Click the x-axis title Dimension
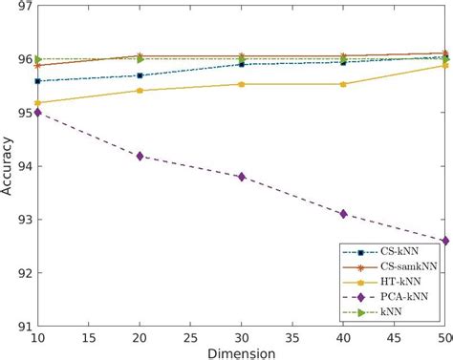click(x=242, y=353)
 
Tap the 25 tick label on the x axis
click(x=191, y=338)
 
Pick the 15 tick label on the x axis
click(x=89, y=338)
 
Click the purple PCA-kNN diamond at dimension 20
click(x=140, y=156)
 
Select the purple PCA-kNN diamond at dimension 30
click(x=242, y=177)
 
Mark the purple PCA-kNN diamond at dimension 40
click(x=343, y=214)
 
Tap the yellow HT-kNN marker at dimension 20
click(x=140, y=91)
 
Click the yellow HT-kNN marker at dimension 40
click(x=343, y=84)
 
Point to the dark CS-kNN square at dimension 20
click(x=140, y=75)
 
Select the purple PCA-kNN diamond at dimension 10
click(x=38, y=113)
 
